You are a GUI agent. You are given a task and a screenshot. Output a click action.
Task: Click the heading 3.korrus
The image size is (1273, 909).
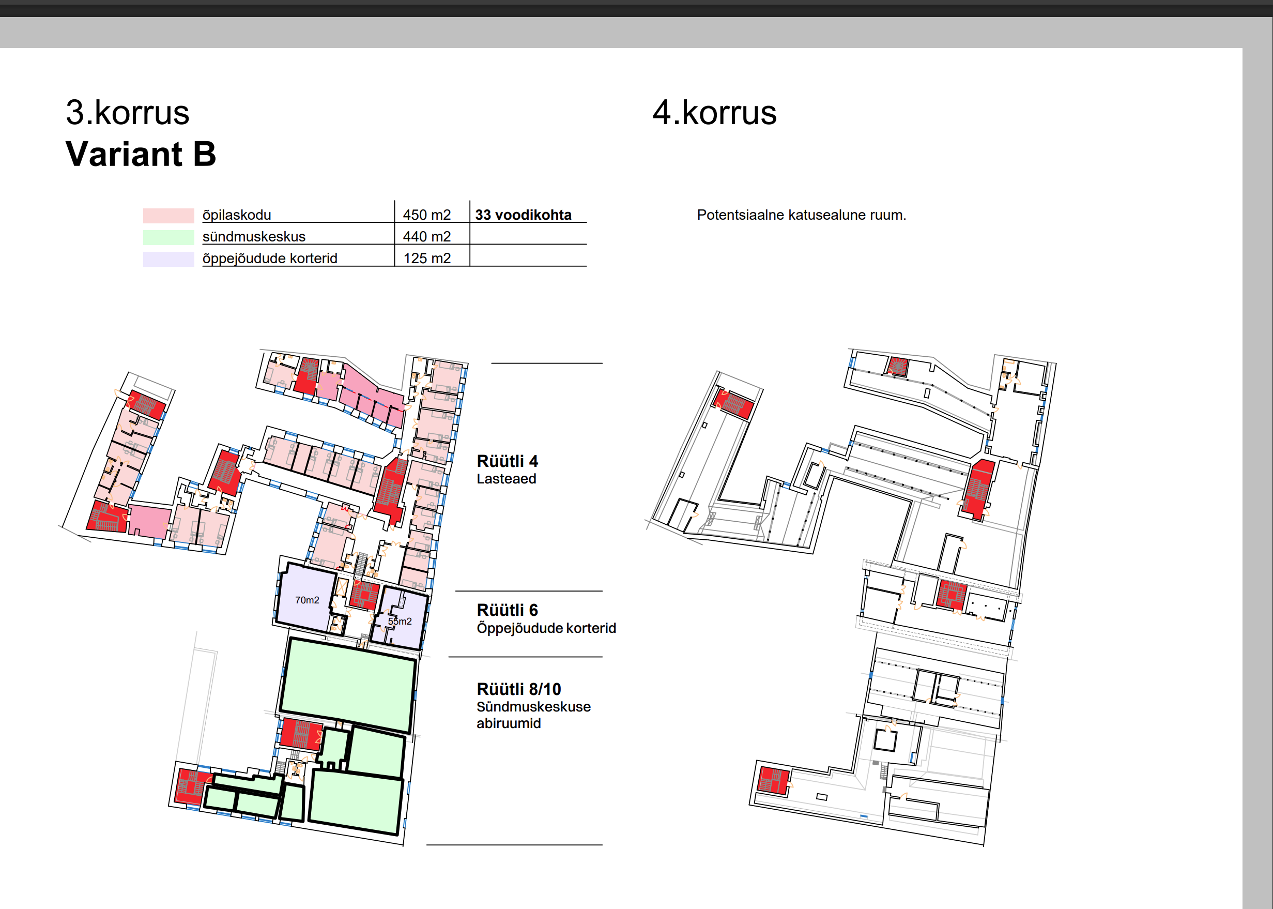(128, 113)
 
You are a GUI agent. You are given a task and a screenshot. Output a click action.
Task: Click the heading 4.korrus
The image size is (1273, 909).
(715, 113)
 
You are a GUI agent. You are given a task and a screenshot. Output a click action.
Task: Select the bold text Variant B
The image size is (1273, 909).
(141, 154)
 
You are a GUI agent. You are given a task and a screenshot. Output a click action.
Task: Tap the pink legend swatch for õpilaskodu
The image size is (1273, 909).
(168, 216)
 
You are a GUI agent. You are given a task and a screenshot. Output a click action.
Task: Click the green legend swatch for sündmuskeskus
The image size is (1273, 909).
(168, 237)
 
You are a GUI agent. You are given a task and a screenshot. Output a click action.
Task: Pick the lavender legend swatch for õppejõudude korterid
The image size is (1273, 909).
(168, 259)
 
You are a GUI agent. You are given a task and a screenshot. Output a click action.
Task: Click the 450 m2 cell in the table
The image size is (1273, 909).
(427, 215)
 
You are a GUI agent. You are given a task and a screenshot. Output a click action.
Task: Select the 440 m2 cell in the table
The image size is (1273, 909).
(427, 237)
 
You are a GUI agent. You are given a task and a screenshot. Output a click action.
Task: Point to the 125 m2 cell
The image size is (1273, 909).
(427, 259)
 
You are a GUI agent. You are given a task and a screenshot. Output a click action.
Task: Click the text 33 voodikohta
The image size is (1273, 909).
(523, 215)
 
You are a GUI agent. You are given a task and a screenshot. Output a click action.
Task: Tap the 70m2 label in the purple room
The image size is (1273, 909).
(307, 600)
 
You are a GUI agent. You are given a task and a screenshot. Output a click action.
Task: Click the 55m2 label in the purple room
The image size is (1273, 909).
(400, 622)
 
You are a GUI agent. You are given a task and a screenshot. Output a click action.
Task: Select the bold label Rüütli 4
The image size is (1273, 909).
(508, 461)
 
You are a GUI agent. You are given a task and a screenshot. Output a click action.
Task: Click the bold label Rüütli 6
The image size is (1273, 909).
(508, 610)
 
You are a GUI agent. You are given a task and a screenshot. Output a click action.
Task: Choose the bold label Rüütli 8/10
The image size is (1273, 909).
(519, 689)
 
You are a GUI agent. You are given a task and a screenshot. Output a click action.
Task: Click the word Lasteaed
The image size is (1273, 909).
(507, 479)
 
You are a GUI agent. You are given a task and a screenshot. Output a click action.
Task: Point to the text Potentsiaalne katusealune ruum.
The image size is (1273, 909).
(801, 215)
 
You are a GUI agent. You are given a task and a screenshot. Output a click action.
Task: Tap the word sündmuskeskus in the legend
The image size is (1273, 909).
(254, 237)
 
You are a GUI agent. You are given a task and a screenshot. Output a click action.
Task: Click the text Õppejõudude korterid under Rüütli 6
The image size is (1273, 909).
(546, 629)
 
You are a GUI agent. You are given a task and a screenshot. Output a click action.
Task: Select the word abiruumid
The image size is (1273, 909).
(509, 723)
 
